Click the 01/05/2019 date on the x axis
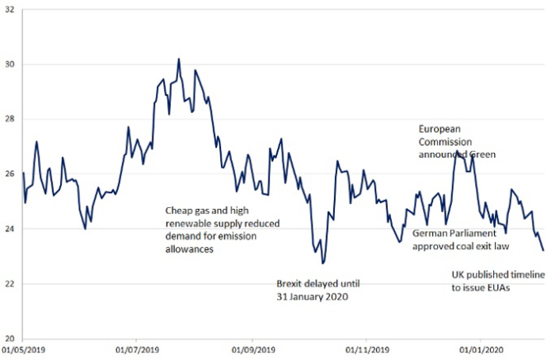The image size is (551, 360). click(x=23, y=349)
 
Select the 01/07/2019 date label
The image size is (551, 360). click(x=139, y=349)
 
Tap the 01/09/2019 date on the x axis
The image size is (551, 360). click(x=254, y=349)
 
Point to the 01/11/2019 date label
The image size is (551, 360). click(x=369, y=349)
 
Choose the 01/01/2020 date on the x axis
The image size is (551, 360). click(x=483, y=349)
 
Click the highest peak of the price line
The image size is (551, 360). click(x=179, y=59)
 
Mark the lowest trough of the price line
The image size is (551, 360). click(x=322, y=263)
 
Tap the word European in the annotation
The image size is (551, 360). click(x=439, y=130)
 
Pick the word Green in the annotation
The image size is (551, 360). click(x=482, y=155)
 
